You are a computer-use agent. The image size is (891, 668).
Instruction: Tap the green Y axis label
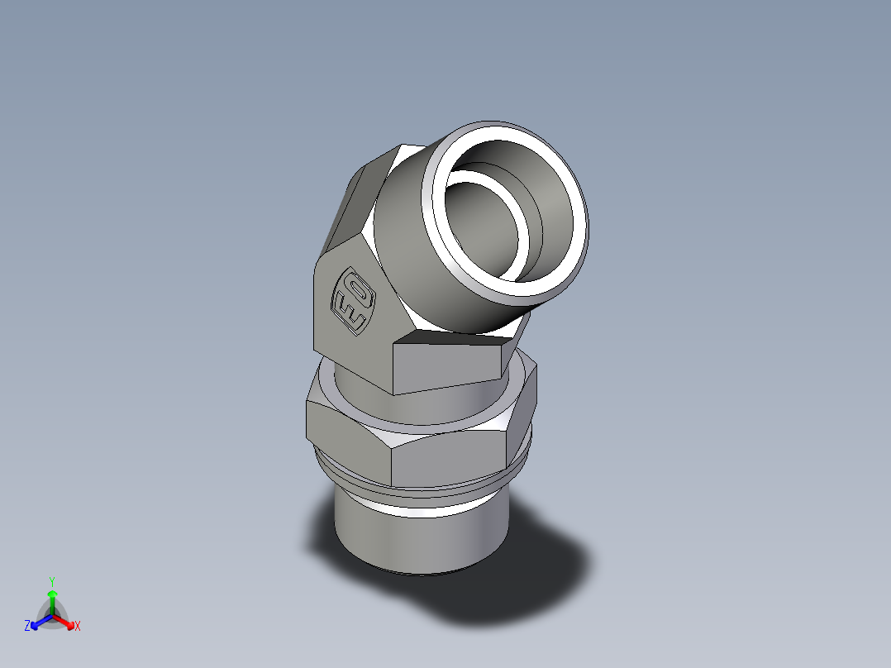click(51, 580)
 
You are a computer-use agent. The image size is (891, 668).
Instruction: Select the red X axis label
click(78, 627)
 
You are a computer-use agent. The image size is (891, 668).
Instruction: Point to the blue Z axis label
click(27, 627)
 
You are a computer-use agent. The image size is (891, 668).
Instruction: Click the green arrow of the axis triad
click(51, 600)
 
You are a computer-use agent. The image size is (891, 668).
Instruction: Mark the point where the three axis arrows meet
click(51, 616)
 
